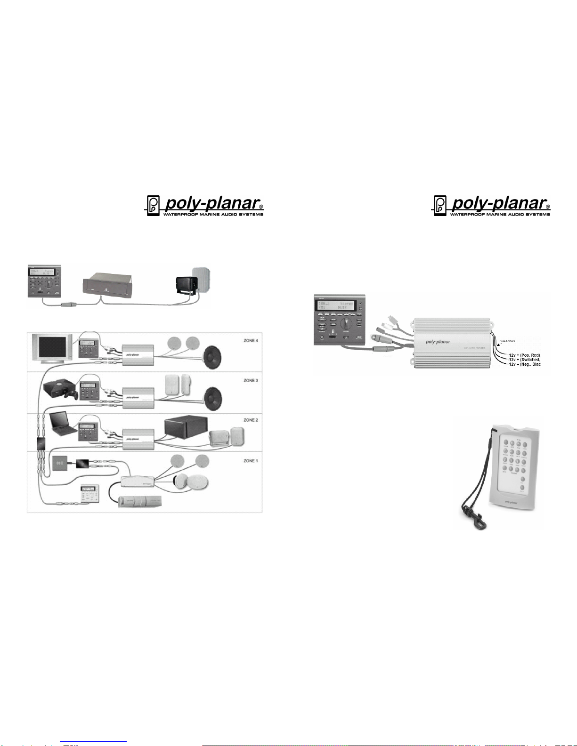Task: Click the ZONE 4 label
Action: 251,340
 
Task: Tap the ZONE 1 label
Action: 251,461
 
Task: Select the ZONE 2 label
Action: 251,420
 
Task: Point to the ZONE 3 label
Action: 251,380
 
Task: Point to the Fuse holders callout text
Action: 507,341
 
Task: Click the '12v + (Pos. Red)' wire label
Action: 524,355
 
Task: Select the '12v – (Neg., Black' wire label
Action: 524,364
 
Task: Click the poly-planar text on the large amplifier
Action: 438,342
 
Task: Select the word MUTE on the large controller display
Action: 342,308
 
